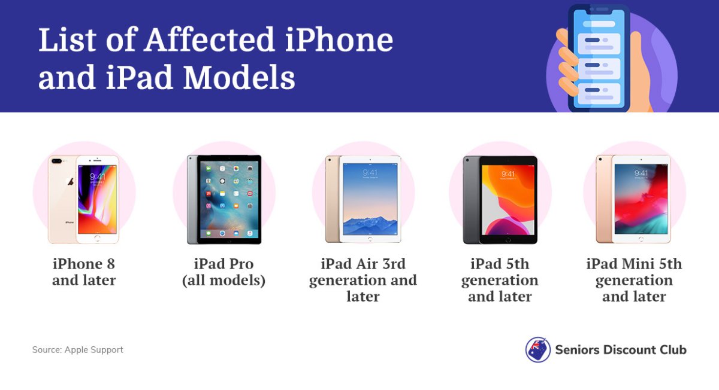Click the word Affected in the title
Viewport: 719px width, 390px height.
click(x=209, y=40)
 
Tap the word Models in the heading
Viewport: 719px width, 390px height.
click(x=239, y=77)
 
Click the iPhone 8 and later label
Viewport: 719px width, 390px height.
click(x=84, y=272)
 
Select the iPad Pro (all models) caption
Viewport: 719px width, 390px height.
click(x=223, y=272)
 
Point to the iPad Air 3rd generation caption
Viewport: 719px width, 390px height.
click(x=363, y=280)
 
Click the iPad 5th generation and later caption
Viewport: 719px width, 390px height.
click(x=500, y=280)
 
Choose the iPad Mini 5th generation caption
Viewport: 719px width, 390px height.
click(x=635, y=280)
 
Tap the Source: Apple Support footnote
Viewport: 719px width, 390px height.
click(x=77, y=349)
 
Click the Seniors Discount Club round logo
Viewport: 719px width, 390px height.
click(x=537, y=349)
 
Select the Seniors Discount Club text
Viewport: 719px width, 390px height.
click(x=621, y=350)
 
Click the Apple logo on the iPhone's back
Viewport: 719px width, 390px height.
click(x=70, y=182)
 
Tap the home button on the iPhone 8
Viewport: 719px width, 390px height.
click(x=97, y=238)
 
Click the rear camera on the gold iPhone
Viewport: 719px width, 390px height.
click(x=56, y=161)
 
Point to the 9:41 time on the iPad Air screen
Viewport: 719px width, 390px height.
click(x=370, y=173)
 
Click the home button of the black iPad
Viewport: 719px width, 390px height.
click(x=508, y=240)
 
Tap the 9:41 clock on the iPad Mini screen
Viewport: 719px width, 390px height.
click(x=641, y=173)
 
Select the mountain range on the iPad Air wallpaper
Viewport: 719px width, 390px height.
click(x=370, y=225)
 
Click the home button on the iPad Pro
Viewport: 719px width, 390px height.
click(x=229, y=241)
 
